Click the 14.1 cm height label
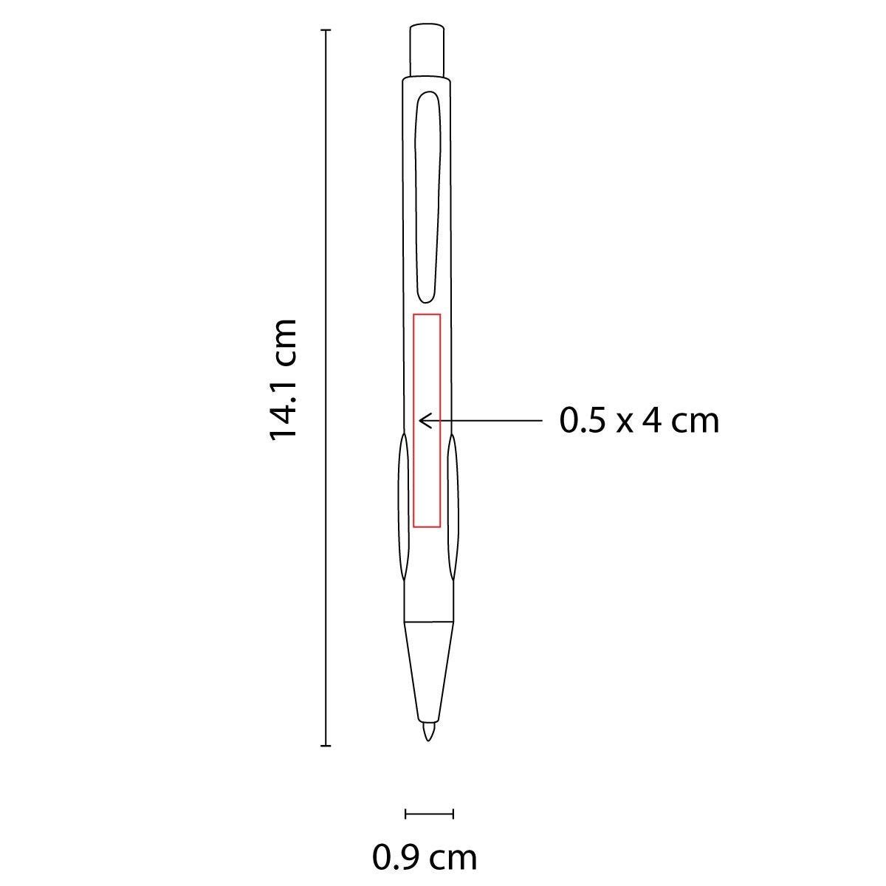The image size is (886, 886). click(282, 381)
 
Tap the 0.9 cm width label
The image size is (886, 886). click(425, 857)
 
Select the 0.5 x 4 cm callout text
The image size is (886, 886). click(639, 421)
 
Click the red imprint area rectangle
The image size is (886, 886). click(413, 421)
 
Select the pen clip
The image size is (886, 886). click(427, 197)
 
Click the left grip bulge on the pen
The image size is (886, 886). click(403, 506)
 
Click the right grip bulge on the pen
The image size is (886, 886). click(453, 506)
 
